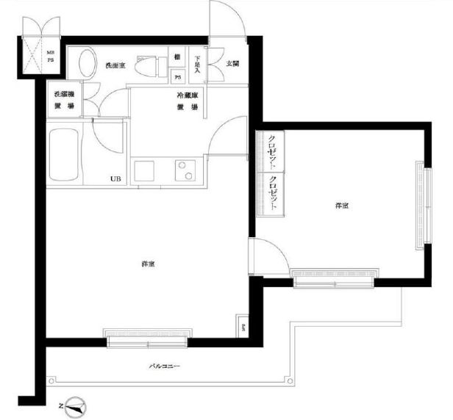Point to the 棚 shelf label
177,58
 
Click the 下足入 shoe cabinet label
197,68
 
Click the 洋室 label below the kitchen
148,264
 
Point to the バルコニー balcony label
165,364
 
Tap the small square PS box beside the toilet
178,76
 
